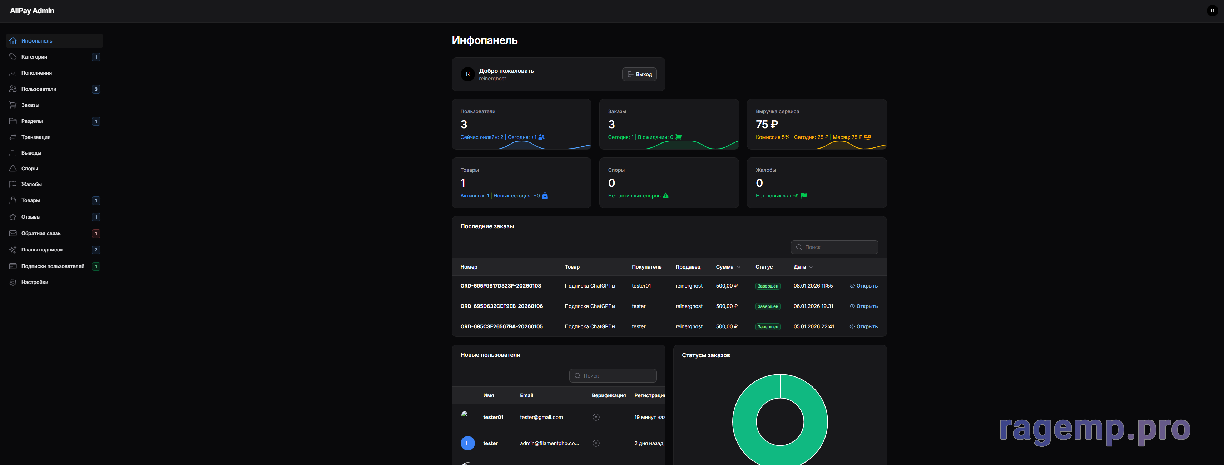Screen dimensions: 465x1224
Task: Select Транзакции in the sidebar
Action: pyautogui.click(x=36, y=137)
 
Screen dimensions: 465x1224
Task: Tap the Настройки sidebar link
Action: pyautogui.click(x=35, y=282)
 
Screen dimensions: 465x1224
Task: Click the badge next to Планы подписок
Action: pyautogui.click(x=96, y=250)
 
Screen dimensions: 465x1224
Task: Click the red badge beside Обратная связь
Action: pyautogui.click(x=96, y=233)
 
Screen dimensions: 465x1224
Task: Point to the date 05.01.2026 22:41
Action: pyautogui.click(x=813, y=327)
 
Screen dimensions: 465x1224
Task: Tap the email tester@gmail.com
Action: pyautogui.click(x=541, y=417)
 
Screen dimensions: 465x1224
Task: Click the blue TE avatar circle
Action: pyautogui.click(x=467, y=443)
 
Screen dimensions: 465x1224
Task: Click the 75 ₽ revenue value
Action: pyautogui.click(x=767, y=124)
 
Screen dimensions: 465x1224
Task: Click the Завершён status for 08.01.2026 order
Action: pyautogui.click(x=767, y=286)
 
